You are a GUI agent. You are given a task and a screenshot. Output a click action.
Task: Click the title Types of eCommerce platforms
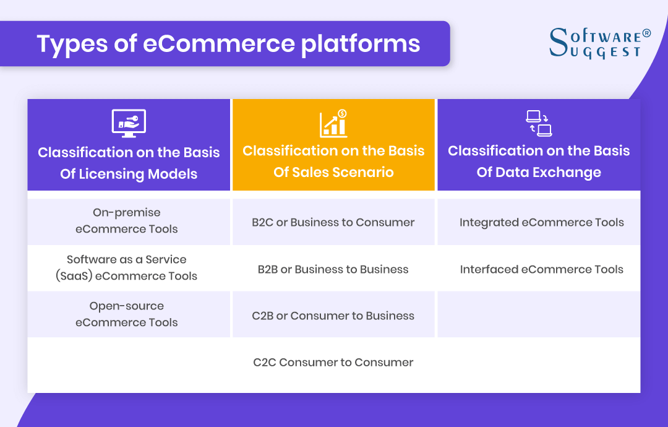228,44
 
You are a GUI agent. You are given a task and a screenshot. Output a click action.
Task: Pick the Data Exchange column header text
539,162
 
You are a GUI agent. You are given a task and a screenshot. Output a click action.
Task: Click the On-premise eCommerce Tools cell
127,221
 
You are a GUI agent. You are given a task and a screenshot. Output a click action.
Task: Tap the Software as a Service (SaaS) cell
127,268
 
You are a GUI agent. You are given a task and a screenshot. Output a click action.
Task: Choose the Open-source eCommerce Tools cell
127,314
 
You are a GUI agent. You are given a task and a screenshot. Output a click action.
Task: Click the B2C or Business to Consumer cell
333,222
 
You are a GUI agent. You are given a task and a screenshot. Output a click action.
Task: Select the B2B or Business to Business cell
333,269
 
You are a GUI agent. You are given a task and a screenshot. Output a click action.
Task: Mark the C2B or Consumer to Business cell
333,316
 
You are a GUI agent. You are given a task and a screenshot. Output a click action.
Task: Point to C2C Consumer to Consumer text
333,363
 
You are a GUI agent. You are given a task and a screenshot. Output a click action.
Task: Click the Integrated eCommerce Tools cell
541,222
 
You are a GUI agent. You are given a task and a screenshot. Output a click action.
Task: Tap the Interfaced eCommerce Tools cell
541,269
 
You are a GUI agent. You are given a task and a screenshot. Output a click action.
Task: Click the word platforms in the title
361,45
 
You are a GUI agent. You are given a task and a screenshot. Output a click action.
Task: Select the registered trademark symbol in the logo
647,33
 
